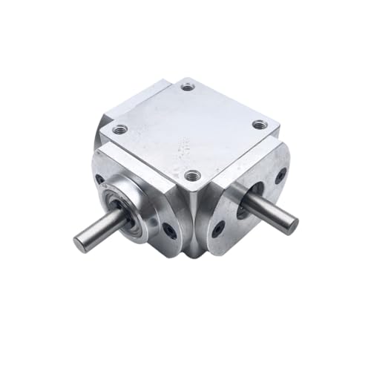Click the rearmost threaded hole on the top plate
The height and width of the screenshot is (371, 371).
188,87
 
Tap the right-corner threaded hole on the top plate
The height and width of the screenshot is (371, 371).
258,125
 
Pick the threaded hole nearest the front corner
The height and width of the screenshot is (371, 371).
192,176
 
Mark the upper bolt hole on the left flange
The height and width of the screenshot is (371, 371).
100,179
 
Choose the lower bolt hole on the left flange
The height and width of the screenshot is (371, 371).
171,232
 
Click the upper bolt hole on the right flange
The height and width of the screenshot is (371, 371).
280,177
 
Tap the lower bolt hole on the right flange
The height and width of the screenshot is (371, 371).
217,231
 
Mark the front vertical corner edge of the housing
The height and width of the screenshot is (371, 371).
194,223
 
